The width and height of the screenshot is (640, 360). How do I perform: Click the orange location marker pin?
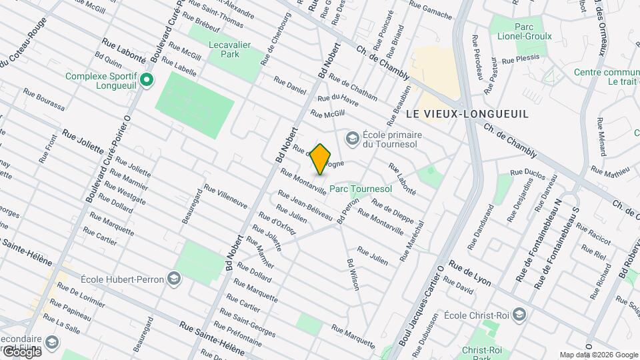(x=321, y=159)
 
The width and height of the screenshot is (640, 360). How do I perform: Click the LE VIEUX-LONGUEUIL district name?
(x=467, y=114)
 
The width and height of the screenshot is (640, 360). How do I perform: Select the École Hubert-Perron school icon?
(x=174, y=278)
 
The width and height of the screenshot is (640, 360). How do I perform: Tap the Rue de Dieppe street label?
(x=393, y=211)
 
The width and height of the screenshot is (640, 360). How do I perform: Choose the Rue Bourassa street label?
(x=44, y=99)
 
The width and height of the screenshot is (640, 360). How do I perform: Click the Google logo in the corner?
(x=21, y=351)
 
